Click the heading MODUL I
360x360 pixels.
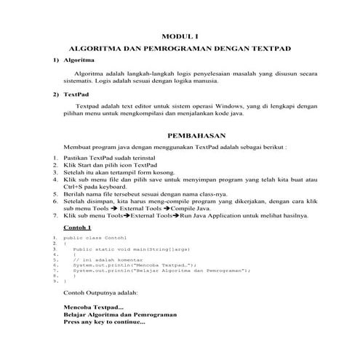[180, 36]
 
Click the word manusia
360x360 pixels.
[193, 81]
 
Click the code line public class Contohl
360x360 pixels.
[95, 238]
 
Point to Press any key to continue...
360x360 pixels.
[105, 322]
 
